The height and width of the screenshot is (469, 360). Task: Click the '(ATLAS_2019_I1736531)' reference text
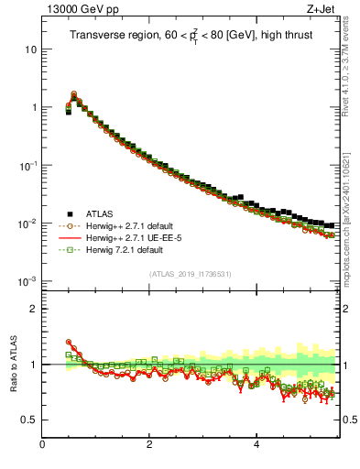click(191, 274)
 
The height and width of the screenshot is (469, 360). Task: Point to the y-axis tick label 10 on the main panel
click(31, 49)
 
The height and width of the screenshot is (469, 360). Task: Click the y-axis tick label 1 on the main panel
click(34, 107)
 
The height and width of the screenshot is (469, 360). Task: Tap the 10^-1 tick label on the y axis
click(29, 165)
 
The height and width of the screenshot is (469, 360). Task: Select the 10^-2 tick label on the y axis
click(29, 223)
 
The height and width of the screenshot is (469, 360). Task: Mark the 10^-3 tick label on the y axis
click(29, 280)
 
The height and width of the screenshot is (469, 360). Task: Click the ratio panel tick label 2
click(34, 309)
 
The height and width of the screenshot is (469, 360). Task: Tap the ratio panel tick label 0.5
click(30, 420)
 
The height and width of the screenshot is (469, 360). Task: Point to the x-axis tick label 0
click(42, 446)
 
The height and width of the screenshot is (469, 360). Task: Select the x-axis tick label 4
click(256, 446)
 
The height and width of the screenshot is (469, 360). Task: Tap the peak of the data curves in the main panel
click(74, 93)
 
